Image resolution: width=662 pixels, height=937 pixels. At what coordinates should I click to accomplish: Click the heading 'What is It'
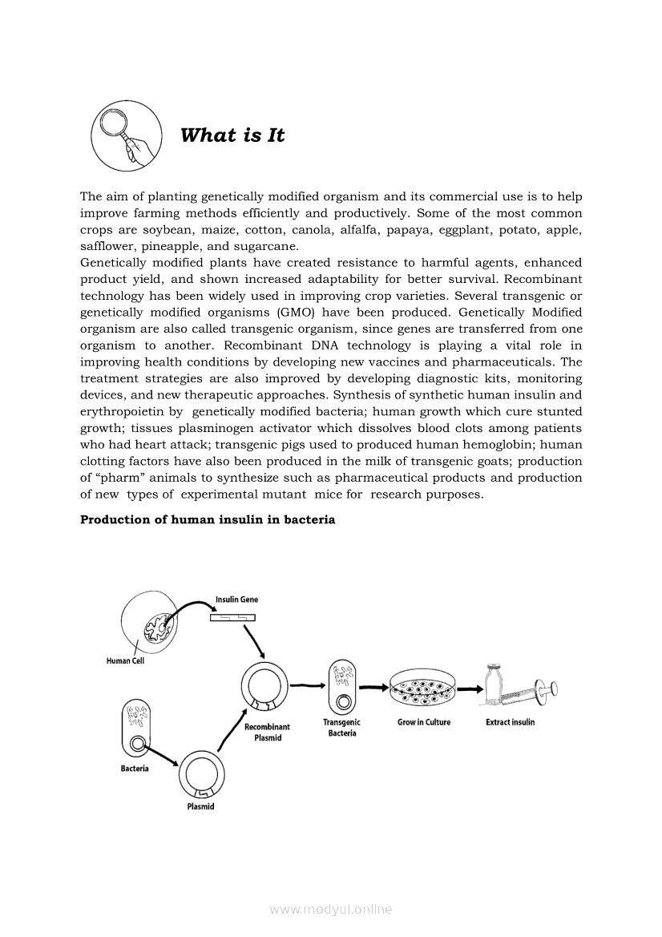point(232,135)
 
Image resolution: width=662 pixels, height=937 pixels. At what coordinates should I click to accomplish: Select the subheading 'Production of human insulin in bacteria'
point(208,519)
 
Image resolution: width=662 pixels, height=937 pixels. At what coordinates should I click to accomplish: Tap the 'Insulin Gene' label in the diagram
point(236,600)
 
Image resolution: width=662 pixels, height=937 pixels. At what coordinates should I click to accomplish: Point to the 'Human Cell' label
point(125,661)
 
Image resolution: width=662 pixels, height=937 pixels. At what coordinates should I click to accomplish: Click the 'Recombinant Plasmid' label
point(267,733)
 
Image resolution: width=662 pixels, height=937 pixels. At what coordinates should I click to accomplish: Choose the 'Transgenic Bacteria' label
point(342,728)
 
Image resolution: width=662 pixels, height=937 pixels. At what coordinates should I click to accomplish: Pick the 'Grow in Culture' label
point(424,722)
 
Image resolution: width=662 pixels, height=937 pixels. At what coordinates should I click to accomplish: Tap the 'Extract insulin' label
point(510,722)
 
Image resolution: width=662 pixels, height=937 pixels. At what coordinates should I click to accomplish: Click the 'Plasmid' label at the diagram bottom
point(200,806)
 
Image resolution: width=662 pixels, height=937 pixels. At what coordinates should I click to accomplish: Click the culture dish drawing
point(423,688)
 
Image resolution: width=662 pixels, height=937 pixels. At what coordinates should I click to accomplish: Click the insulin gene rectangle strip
point(232,617)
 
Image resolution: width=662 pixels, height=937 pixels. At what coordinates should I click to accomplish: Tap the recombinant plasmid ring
point(264,686)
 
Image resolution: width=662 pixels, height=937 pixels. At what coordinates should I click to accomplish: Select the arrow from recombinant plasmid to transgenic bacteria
point(306,685)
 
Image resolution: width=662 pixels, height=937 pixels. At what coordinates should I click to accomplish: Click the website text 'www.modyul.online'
point(331,910)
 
